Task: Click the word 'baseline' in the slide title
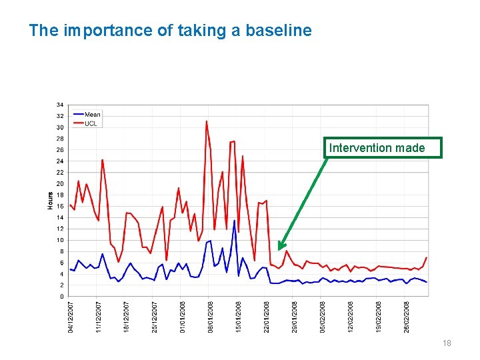[279, 31]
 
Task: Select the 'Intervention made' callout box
[383, 147]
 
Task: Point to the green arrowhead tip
[280, 249]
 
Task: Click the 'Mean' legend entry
[92, 115]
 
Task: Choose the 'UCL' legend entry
[90, 123]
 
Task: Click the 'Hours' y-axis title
[51, 200]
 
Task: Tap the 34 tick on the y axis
[60, 105]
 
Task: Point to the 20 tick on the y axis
[60, 184]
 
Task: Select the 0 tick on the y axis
[62, 297]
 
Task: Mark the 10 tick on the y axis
[60, 240]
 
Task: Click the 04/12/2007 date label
[71, 317]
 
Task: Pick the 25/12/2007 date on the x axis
[155, 317]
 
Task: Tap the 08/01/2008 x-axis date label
[211, 317]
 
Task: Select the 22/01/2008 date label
[267, 317]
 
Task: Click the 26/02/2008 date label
[407, 317]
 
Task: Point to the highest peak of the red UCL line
[207, 121]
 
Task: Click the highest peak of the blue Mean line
[235, 220]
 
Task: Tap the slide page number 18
[447, 343]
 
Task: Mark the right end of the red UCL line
[426, 257]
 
